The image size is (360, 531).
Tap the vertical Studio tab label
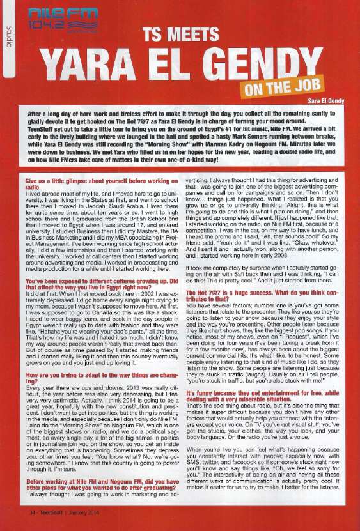(x=9, y=36)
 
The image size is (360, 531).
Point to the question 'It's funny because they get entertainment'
(x=261, y=409)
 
